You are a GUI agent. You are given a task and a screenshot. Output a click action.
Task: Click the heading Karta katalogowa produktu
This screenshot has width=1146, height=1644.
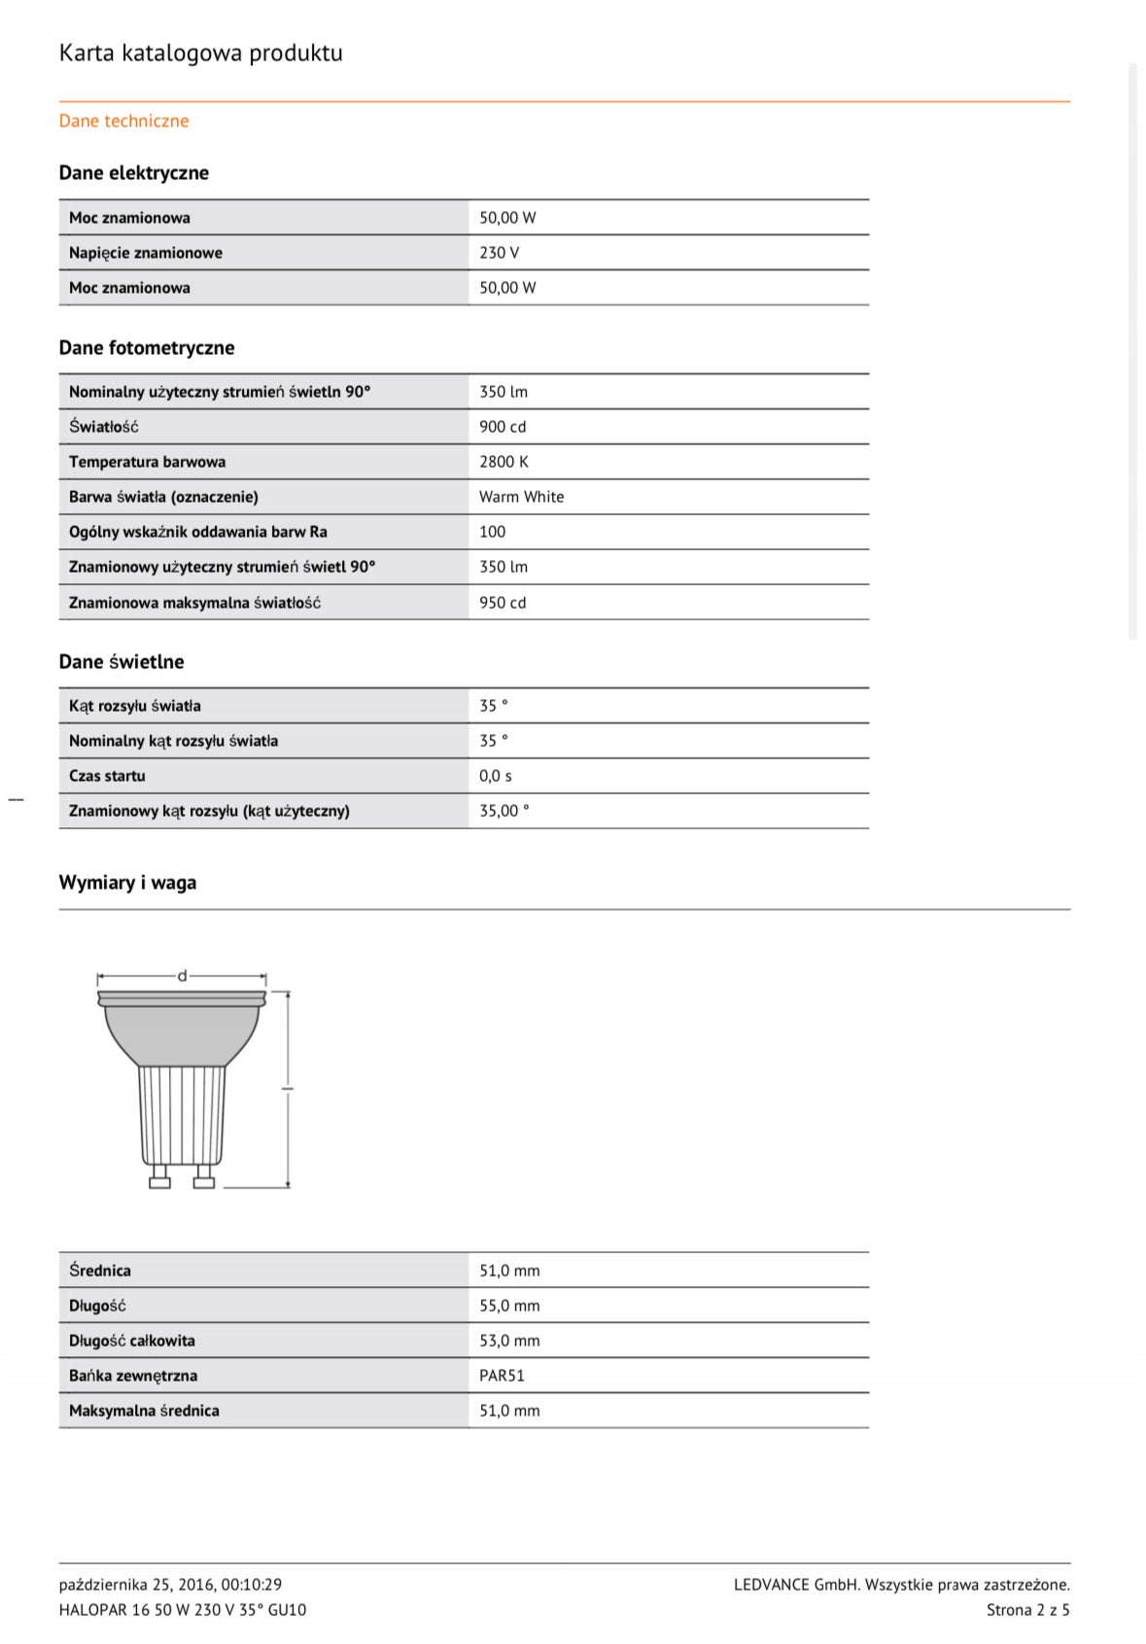click(x=200, y=52)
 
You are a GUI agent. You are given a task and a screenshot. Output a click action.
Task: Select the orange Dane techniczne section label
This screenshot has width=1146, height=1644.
click(x=123, y=121)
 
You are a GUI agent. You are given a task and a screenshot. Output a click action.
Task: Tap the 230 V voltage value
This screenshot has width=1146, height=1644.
click(x=499, y=253)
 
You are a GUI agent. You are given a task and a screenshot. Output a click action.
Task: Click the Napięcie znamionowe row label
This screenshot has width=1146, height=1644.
click(x=146, y=253)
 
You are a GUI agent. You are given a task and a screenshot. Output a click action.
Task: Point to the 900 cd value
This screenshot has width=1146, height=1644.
click(x=503, y=427)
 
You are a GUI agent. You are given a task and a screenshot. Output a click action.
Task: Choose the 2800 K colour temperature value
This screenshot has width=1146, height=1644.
click(x=504, y=462)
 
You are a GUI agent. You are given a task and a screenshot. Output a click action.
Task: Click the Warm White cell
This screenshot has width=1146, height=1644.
click(x=521, y=497)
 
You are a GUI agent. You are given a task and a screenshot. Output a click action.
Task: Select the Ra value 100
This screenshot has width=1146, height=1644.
click(x=492, y=532)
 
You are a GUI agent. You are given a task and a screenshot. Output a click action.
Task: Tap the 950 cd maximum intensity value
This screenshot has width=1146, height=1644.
click(x=503, y=603)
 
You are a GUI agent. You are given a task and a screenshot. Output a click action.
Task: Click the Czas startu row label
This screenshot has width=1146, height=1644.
click(x=107, y=776)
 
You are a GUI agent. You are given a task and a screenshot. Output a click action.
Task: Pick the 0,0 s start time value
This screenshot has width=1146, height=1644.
click(x=495, y=776)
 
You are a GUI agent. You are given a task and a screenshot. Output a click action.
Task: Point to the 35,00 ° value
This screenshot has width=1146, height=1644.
click(x=504, y=811)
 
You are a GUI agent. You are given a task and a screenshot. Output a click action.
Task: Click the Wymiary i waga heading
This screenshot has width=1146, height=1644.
click(x=127, y=883)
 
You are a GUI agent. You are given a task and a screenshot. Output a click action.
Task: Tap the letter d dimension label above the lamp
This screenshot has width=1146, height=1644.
click(x=182, y=976)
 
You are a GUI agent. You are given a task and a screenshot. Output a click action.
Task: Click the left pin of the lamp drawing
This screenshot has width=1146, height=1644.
click(x=159, y=1177)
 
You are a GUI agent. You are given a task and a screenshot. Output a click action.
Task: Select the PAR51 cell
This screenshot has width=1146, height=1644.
click(x=502, y=1376)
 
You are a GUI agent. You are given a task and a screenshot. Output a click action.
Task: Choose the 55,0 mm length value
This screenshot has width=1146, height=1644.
click(x=509, y=1306)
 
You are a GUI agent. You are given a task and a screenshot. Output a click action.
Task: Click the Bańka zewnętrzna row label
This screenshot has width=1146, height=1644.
click(x=133, y=1376)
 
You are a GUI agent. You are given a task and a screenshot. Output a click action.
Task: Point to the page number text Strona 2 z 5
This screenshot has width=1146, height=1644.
click(x=1027, y=1610)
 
